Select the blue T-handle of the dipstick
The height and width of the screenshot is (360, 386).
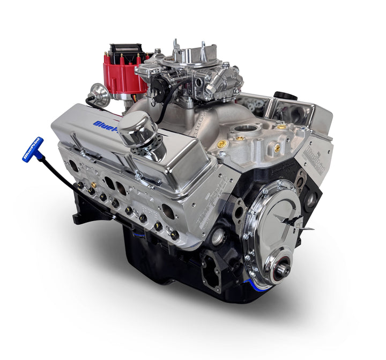click(33, 150)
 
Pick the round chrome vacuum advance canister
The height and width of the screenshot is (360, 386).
click(100, 95)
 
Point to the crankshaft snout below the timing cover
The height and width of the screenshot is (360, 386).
click(282, 269)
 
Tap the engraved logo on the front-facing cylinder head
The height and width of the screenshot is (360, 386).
click(311, 152)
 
